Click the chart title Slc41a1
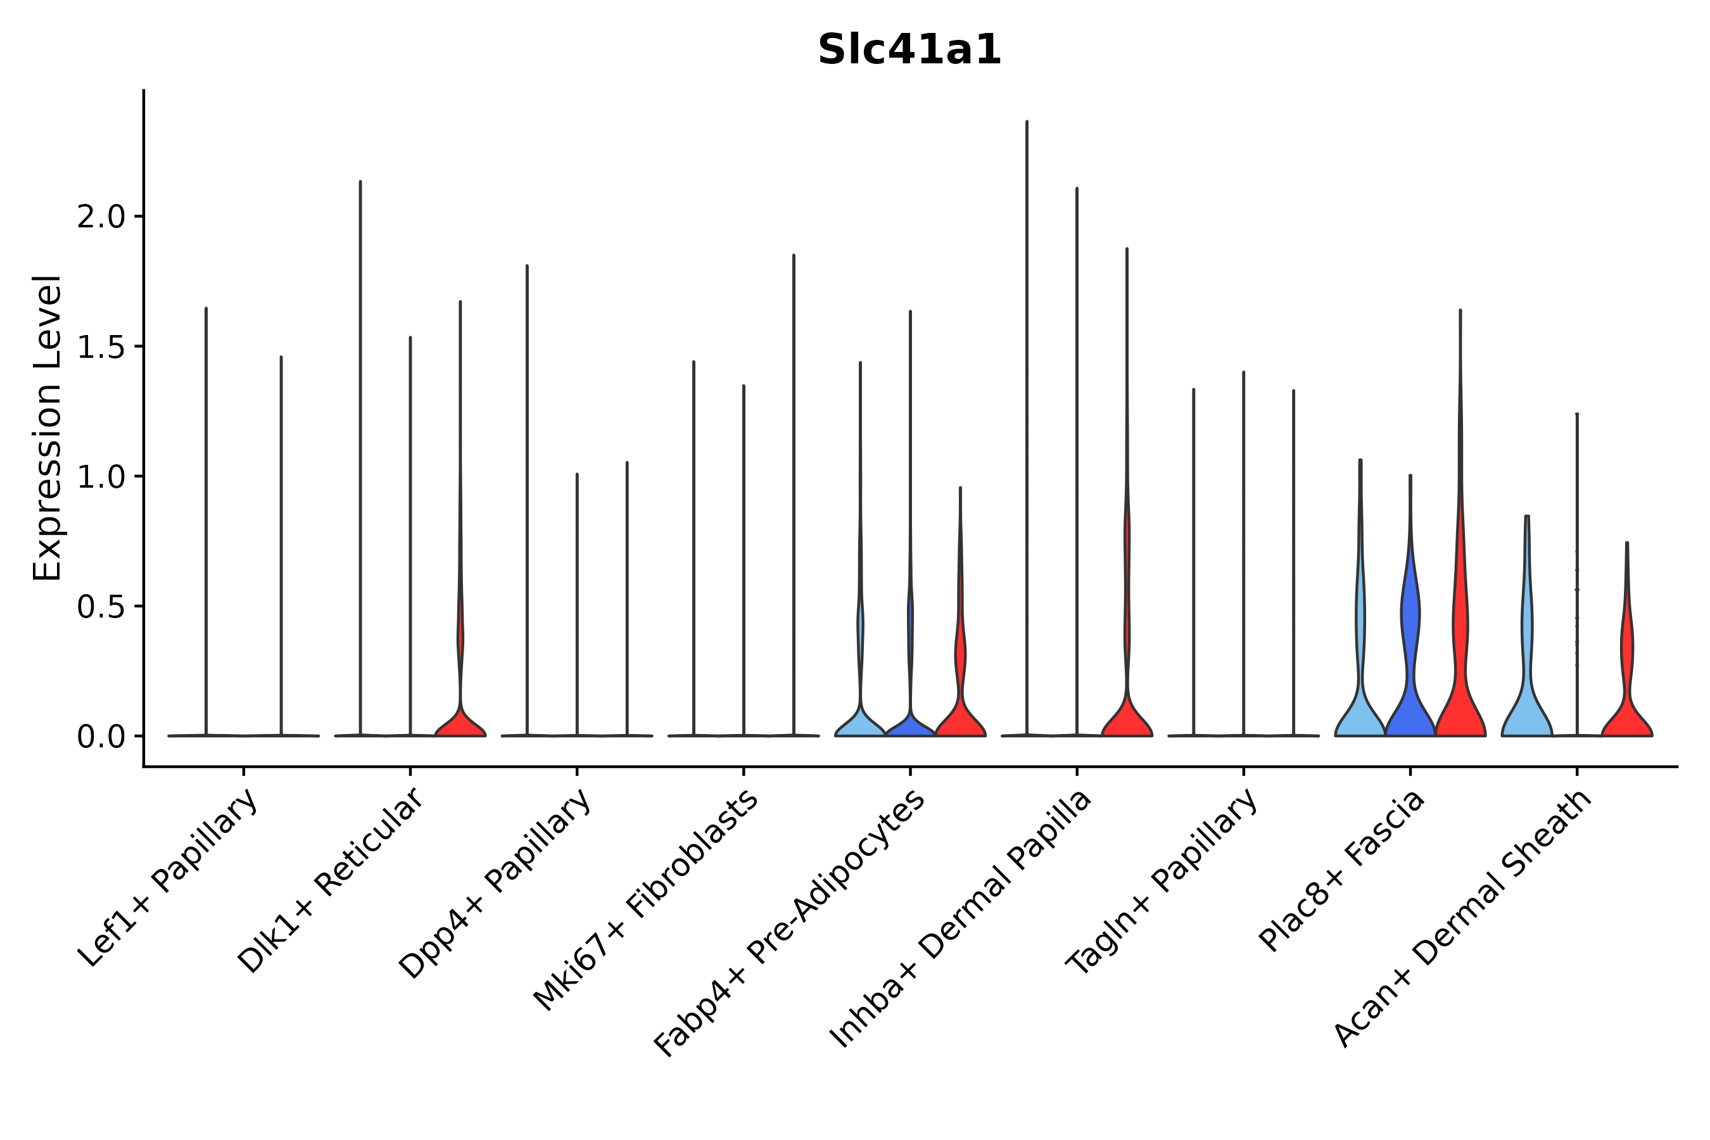coord(909,50)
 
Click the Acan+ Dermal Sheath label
coord(1462,919)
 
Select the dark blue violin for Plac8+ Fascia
coord(1410,698)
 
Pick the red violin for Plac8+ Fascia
coord(1460,698)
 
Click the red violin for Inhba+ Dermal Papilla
coord(1127,719)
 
